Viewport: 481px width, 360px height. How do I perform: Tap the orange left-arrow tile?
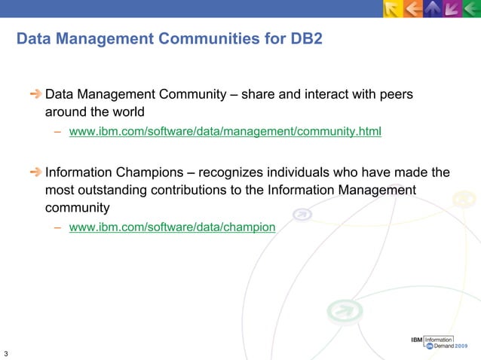(413, 9)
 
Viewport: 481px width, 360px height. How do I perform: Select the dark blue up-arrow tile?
(432, 9)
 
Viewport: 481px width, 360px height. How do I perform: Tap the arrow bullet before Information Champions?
(35, 172)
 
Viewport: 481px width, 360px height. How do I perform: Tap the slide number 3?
(6, 353)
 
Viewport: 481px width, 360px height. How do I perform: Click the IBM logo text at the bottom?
(415, 340)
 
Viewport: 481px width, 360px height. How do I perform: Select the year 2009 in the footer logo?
(465, 347)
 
